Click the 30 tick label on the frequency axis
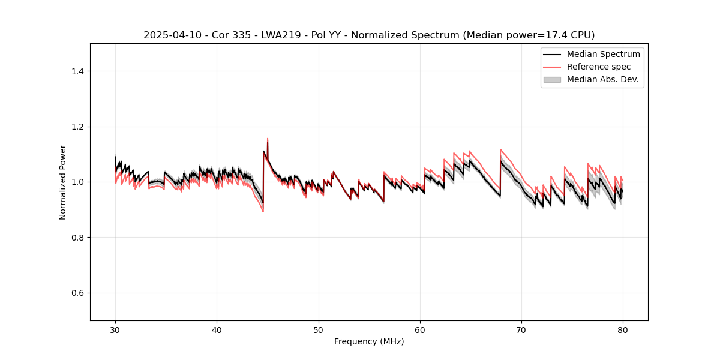pyautogui.click(x=115, y=330)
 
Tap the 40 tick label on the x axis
pyautogui.click(x=217, y=330)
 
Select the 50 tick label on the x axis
pyautogui.click(x=319, y=330)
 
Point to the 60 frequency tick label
pyautogui.click(x=420, y=330)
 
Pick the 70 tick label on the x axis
pyautogui.click(x=521, y=330)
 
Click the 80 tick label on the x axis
pyautogui.click(x=623, y=330)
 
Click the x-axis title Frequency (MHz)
pyautogui.click(x=369, y=341)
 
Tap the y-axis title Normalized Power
pyautogui.click(x=63, y=182)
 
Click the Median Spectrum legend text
pyautogui.click(x=603, y=54)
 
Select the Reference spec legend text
pyautogui.click(x=599, y=67)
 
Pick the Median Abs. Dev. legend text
pyautogui.click(x=602, y=79)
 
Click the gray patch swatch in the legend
pyautogui.click(x=552, y=79)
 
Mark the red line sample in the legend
pyautogui.click(x=552, y=67)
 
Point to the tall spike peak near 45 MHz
pyautogui.click(x=267, y=139)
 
